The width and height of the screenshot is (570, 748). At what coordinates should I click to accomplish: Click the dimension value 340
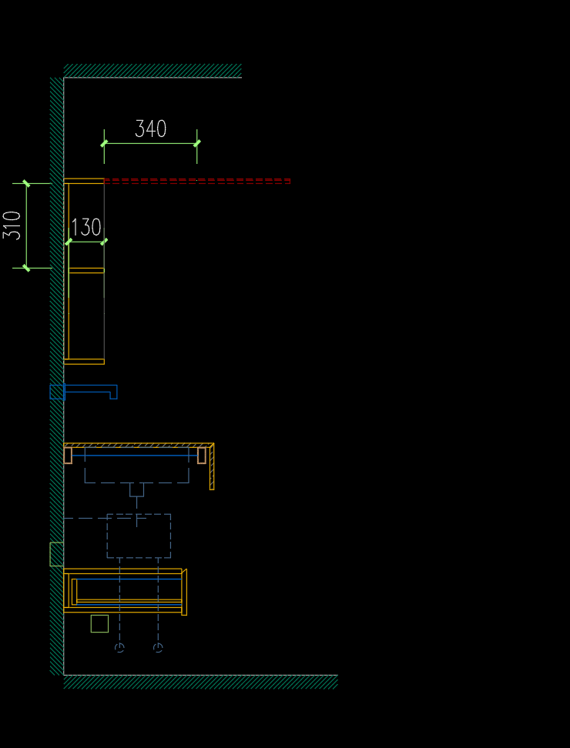coord(150,129)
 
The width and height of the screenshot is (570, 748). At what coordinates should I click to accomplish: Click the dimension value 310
coord(12,225)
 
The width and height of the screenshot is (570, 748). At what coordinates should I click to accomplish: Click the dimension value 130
coord(86,228)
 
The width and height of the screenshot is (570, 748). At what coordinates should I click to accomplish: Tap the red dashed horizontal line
coord(197,181)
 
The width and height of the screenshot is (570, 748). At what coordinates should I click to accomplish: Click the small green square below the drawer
coord(100,623)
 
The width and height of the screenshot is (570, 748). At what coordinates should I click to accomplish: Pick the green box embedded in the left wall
coord(57,554)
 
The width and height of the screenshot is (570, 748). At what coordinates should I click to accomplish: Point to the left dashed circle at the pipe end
coord(119,647)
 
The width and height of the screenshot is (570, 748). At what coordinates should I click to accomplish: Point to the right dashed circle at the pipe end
coord(158,647)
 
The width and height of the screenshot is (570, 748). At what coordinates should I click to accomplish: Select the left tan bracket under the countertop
coord(68,456)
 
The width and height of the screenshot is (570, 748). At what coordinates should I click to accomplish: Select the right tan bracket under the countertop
coord(202,456)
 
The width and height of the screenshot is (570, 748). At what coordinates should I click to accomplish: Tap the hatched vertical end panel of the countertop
coord(212,466)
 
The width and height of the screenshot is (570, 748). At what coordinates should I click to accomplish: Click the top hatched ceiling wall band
coord(153,71)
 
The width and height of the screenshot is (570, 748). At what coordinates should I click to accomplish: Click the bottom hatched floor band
coord(200,682)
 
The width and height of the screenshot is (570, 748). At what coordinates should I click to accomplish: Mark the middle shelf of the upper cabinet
coord(86,270)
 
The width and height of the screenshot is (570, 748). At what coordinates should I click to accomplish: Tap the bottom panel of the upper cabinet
coord(84,362)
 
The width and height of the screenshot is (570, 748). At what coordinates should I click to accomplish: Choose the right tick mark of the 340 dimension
coord(197,143)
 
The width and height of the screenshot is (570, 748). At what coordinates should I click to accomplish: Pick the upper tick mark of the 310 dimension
coord(26,183)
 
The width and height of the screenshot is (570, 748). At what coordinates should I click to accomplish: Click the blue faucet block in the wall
coord(57,392)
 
